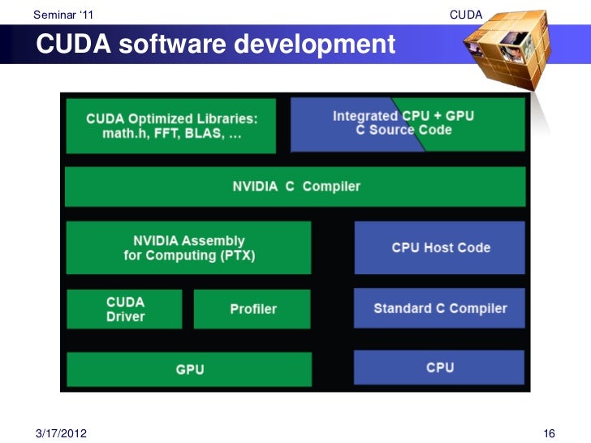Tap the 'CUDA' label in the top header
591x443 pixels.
[465, 15]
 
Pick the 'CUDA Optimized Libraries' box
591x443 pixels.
[171, 126]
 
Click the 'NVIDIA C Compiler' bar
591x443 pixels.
[296, 187]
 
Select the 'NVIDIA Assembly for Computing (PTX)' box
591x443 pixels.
[188, 248]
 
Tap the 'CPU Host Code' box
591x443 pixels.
[440, 247]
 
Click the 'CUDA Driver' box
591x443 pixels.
[124, 308]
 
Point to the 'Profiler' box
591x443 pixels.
[252, 309]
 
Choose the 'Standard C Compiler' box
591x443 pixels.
[439, 308]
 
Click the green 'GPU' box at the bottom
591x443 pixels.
[189, 369]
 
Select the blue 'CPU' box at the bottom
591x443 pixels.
[439, 368]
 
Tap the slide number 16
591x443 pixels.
[548, 433]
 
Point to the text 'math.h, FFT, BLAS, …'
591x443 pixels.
[171, 134]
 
